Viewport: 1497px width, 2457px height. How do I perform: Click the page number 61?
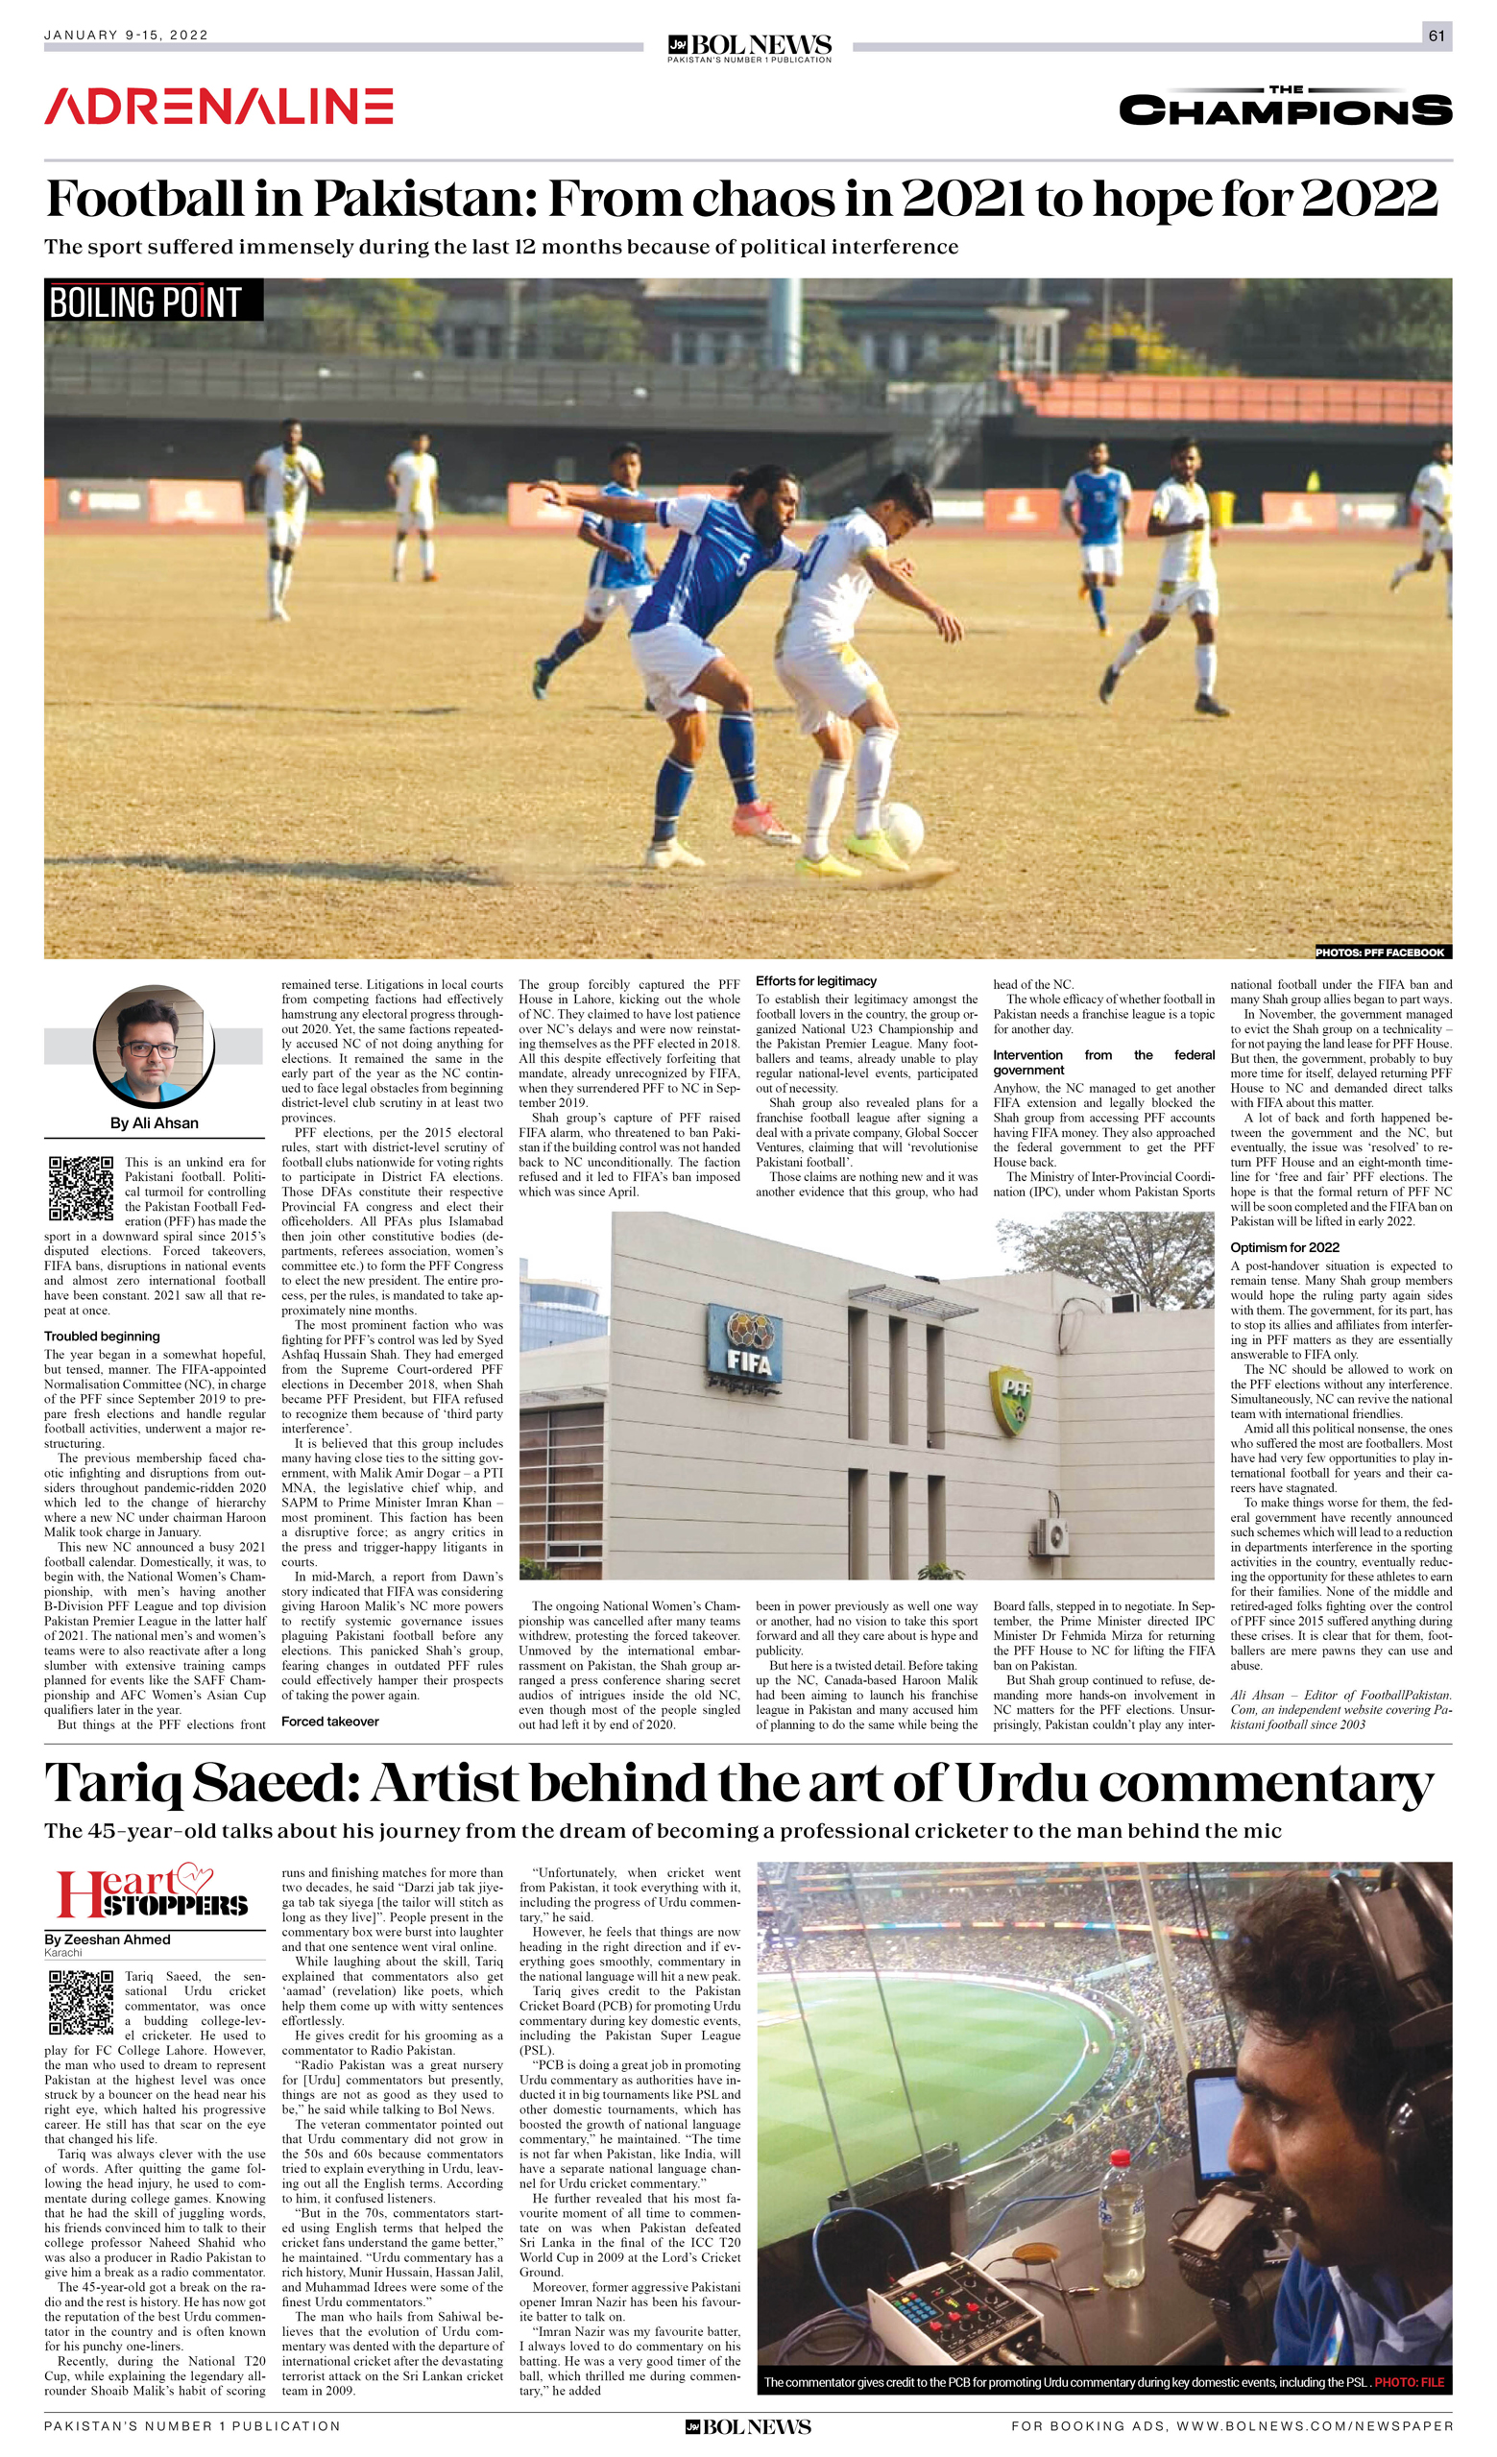pos(1437,36)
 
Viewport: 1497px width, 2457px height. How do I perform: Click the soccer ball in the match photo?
pos(902,828)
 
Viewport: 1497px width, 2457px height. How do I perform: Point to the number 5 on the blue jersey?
pos(741,571)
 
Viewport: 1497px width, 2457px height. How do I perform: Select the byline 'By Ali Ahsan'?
pos(154,1122)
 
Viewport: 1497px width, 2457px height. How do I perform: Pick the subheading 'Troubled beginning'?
pos(102,1337)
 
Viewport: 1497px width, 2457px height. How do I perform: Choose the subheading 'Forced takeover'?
pos(330,1722)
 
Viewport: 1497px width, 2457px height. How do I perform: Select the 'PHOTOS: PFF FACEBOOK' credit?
pos(1380,952)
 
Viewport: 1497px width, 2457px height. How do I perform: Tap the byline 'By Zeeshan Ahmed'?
pos(107,1939)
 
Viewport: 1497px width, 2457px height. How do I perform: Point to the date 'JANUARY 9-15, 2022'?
pos(127,35)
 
